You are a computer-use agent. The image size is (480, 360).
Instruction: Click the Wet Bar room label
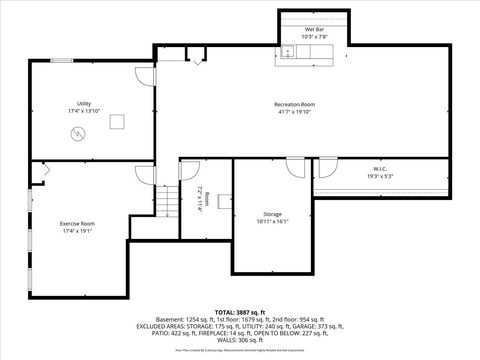pyautogui.click(x=314, y=30)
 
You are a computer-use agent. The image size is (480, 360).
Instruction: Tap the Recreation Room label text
pyautogui.click(x=295, y=104)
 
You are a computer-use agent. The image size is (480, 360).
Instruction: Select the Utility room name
pyautogui.click(x=84, y=104)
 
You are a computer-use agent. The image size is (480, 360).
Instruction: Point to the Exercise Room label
pyautogui.click(x=77, y=222)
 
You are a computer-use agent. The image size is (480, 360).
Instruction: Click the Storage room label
pyautogui.click(x=273, y=214)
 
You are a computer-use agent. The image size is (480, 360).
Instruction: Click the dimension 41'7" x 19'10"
pyautogui.click(x=295, y=112)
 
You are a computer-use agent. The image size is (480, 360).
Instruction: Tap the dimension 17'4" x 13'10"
pyautogui.click(x=84, y=112)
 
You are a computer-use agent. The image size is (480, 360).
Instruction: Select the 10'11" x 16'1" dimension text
pyautogui.click(x=273, y=222)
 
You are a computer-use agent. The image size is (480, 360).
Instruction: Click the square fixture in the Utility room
pyautogui.click(x=118, y=122)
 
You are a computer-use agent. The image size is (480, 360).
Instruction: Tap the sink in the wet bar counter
pyautogui.click(x=287, y=50)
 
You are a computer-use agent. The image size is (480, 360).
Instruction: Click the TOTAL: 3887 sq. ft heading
pyautogui.click(x=240, y=312)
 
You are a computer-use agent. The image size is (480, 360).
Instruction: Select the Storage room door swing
pyautogui.click(x=295, y=167)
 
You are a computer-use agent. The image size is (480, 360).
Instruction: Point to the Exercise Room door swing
pyautogui.click(x=144, y=175)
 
